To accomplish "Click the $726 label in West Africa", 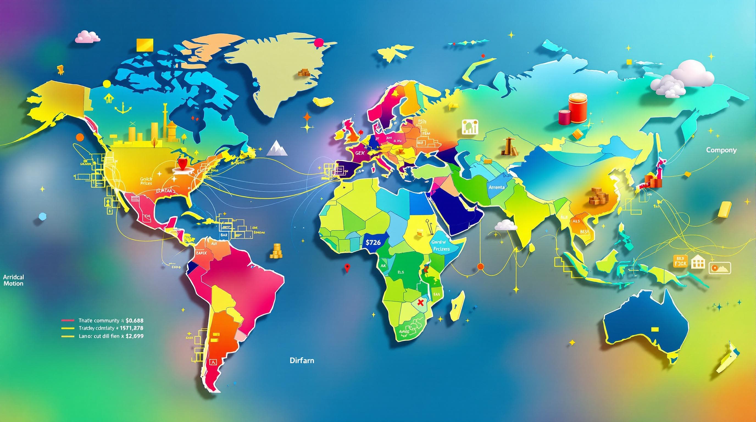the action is pyautogui.click(x=373, y=242).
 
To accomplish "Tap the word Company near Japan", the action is pyautogui.click(x=721, y=150).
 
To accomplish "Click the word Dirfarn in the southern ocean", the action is pyautogui.click(x=302, y=360).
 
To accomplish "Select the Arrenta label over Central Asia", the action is pyautogui.click(x=497, y=187).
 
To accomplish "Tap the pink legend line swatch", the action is pyautogui.click(x=68, y=320).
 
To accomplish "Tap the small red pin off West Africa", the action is pyautogui.click(x=347, y=268).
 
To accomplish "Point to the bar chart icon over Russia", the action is pyautogui.click(x=470, y=127).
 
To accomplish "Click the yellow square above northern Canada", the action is pyautogui.click(x=145, y=44).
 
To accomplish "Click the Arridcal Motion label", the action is pyautogui.click(x=13, y=280).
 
